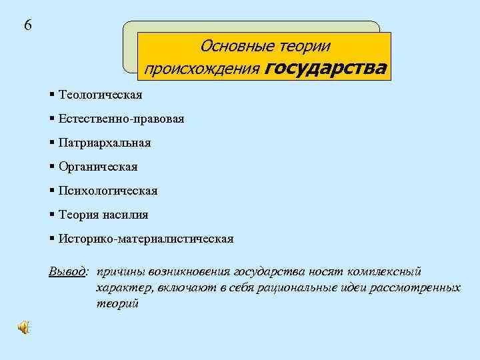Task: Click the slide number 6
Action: tap(27, 25)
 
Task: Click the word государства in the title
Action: tap(325, 69)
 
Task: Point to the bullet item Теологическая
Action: tap(100, 95)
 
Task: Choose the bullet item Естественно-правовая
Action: tap(121, 119)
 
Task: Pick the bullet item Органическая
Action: tap(97, 167)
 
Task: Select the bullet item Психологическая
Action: tap(107, 191)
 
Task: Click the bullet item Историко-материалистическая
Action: tap(145, 239)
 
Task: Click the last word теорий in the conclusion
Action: tap(117, 303)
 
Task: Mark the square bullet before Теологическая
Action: tap(52, 94)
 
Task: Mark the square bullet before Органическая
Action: tap(52, 166)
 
